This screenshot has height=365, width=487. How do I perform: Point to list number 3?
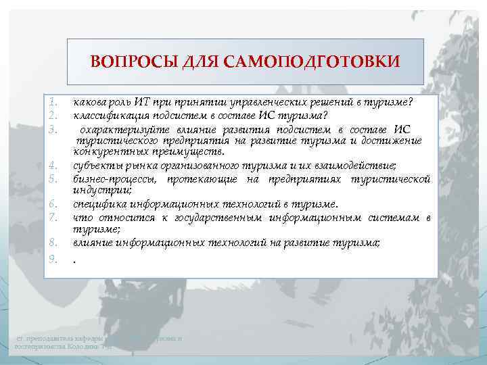(x=53, y=127)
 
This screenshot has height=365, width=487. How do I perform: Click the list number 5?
(x=53, y=179)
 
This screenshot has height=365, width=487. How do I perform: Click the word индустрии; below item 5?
(x=93, y=191)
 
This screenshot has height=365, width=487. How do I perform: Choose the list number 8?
(x=53, y=243)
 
